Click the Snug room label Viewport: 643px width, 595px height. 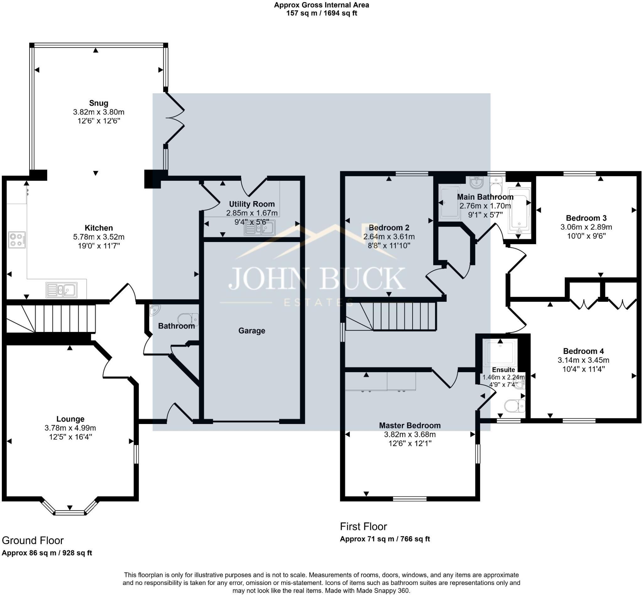[99, 103]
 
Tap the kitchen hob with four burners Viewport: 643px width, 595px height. [17, 240]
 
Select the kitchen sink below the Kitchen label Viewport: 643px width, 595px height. [62, 290]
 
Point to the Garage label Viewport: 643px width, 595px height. [251, 331]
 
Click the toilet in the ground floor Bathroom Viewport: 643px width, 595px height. [188, 319]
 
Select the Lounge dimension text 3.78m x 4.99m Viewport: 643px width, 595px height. [70, 428]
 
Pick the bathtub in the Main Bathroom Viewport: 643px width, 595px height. [519, 211]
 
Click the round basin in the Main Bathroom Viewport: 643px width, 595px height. [476, 182]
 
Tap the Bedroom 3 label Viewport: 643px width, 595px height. [586, 218]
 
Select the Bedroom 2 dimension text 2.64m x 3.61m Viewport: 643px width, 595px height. [389, 237]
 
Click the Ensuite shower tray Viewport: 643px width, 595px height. [500, 353]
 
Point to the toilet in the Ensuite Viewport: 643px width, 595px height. [515, 406]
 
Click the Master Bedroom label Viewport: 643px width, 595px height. [409, 425]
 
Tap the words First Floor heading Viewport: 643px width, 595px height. [363, 526]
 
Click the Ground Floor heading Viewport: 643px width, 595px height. [33, 540]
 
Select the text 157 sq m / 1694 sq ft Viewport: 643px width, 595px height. [322, 13]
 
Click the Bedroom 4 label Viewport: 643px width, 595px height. [583, 351]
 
